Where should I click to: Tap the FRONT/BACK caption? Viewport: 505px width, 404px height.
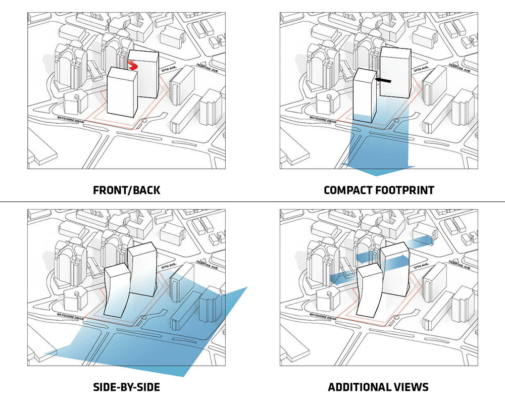[127, 190]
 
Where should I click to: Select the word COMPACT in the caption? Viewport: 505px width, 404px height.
[350, 190]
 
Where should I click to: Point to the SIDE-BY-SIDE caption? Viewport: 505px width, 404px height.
[127, 387]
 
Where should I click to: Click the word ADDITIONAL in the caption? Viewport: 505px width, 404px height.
[358, 387]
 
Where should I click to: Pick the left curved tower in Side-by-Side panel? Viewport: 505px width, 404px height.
[116, 290]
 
